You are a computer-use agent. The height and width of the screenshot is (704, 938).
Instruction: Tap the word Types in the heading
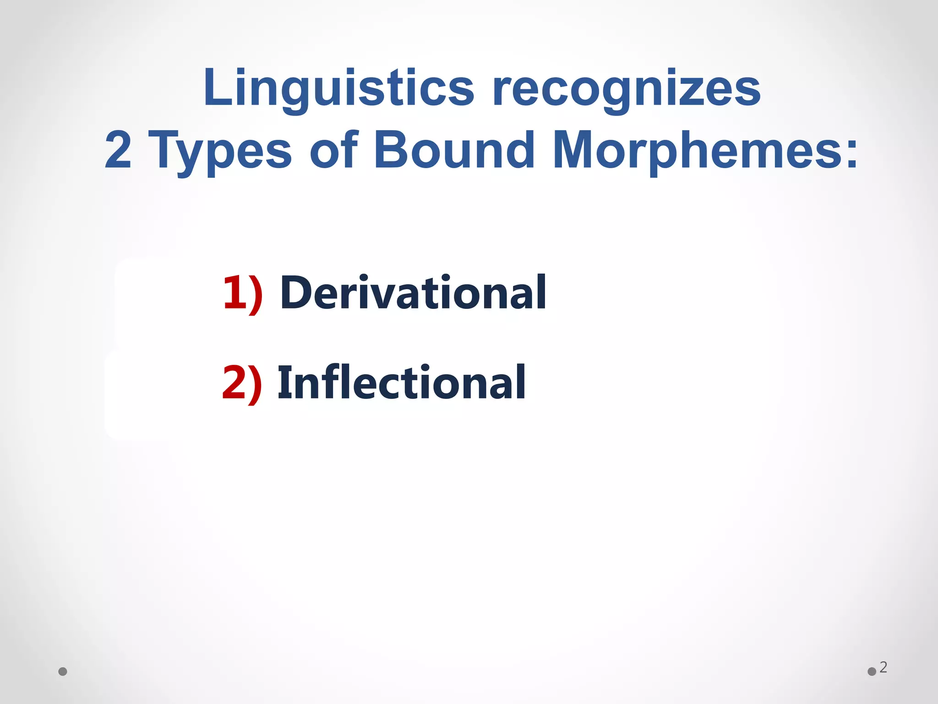220,150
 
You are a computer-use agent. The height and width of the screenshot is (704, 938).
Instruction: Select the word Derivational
413,293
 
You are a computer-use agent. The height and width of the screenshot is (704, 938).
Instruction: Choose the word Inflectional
402,383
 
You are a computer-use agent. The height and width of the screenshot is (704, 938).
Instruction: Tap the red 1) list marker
243,294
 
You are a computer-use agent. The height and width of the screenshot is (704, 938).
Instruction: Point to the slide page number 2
883,667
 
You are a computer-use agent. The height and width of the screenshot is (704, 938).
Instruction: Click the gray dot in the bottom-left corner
63,671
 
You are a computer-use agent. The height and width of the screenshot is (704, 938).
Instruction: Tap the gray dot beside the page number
872,671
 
